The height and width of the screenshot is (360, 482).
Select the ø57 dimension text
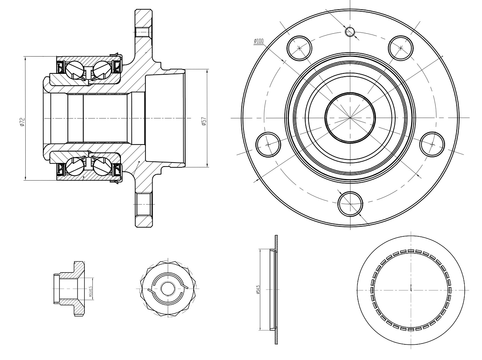click(204, 121)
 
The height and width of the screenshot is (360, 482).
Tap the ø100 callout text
click(258, 41)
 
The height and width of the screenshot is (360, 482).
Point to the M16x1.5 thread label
click(92, 287)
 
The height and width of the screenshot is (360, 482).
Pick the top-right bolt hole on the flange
click(401, 47)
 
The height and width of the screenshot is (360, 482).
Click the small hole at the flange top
click(350, 32)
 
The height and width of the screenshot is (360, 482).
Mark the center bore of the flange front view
click(350, 118)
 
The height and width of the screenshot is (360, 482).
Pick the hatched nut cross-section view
click(72, 288)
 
